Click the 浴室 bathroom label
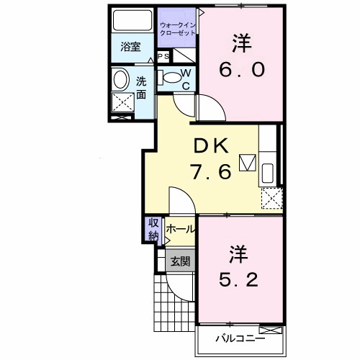[x=130, y=47]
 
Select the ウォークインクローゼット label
[x=176, y=28]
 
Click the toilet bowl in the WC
[x=171, y=76]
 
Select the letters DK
[x=210, y=147]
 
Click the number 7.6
[x=210, y=172]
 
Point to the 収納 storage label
[x=153, y=230]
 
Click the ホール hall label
[x=180, y=229]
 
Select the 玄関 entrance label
[x=180, y=261]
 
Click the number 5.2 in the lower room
[x=240, y=278]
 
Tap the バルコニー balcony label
[x=240, y=338]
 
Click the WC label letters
[x=184, y=79]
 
